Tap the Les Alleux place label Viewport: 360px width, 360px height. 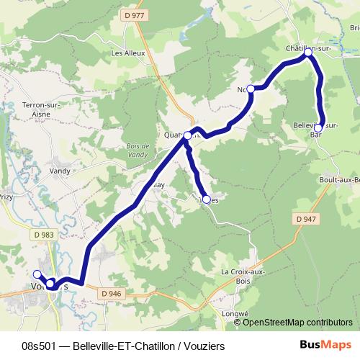tap(128, 53)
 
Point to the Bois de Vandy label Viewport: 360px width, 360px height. tap(135, 150)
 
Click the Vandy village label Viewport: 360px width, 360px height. tap(59, 171)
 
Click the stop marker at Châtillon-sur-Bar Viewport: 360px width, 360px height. tap(308, 53)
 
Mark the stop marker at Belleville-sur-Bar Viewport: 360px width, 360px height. tap(318, 127)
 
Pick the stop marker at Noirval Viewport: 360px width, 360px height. tap(251, 89)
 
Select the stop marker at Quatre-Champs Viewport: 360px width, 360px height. tap(187, 135)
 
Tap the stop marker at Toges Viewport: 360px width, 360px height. tap(207, 199)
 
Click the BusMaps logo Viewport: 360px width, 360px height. tap(326, 346)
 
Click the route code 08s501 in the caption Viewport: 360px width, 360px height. tap(40, 346)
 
